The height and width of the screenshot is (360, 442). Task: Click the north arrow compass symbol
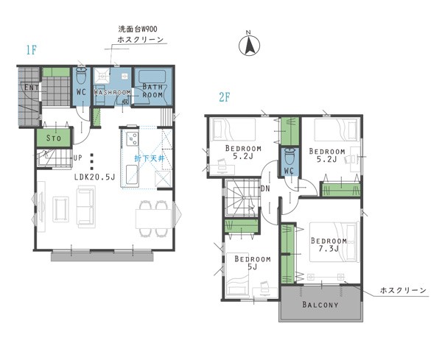[x=249, y=45]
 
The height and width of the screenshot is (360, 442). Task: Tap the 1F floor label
[x=32, y=50]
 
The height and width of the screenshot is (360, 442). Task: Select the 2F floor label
[x=225, y=97]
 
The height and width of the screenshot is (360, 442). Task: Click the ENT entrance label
[x=32, y=88]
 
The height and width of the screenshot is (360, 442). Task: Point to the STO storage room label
[x=53, y=138]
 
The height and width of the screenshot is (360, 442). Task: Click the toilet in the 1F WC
[x=82, y=75]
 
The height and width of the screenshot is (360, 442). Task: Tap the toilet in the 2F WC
[x=290, y=156]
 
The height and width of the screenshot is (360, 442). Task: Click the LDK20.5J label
[x=95, y=177]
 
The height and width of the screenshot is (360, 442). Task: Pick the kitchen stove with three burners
[x=132, y=138]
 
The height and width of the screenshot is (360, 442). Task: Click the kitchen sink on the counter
[x=131, y=175]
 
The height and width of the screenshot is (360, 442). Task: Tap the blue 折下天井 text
[x=150, y=158]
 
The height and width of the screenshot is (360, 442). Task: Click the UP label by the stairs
[x=78, y=158]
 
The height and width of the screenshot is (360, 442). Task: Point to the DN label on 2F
[x=265, y=188]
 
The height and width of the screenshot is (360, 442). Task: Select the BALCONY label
[x=320, y=305]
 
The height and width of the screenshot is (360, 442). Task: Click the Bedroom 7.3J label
[x=329, y=244]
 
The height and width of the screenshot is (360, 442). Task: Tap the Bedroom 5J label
[x=253, y=263]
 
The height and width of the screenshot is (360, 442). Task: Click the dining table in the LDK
[x=153, y=219]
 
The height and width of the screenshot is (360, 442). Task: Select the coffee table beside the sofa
[x=61, y=209]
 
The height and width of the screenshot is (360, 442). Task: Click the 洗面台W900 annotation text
[x=138, y=29]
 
